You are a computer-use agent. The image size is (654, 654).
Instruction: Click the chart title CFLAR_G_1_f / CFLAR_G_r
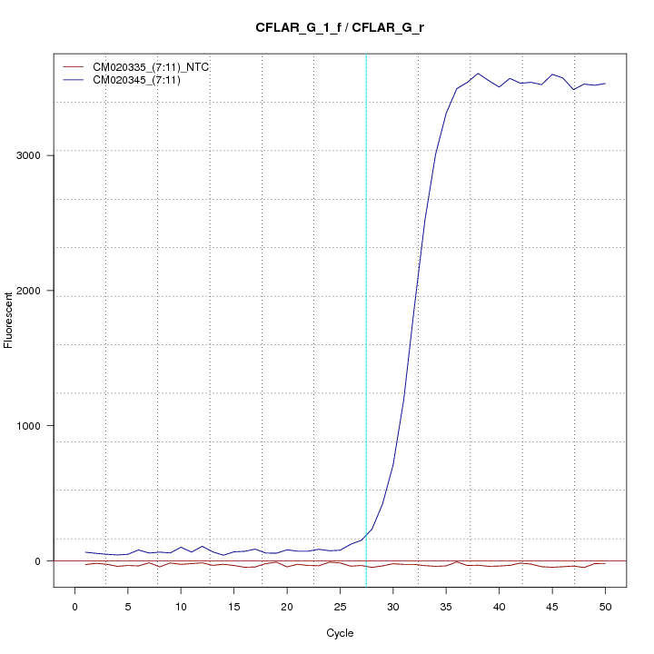pyautogui.click(x=340, y=27)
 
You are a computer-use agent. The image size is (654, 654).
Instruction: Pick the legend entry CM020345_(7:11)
pyautogui.click(x=137, y=81)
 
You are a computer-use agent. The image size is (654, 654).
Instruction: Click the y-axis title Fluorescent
pyautogui.click(x=10, y=320)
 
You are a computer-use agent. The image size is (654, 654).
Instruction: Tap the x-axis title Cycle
pyautogui.click(x=340, y=632)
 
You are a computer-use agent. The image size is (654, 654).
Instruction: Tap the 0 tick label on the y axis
pyautogui.click(x=37, y=561)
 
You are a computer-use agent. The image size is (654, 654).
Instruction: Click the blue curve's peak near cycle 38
pyautogui.click(x=478, y=74)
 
